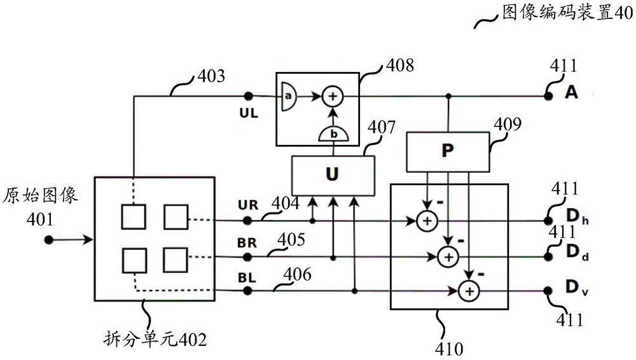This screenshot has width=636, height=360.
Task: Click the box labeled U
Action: tap(332, 175)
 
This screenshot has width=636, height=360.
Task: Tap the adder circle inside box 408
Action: tap(332, 97)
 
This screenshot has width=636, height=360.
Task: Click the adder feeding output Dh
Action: tap(426, 221)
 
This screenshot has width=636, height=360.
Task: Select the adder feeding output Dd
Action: tap(448, 256)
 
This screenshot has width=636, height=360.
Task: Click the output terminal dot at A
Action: tap(548, 97)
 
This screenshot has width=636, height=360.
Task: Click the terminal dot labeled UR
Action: tap(248, 221)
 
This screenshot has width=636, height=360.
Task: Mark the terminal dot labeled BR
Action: tap(248, 257)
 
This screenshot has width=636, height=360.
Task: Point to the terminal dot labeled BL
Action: tap(248, 291)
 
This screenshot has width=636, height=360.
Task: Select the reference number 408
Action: tap(394, 66)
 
